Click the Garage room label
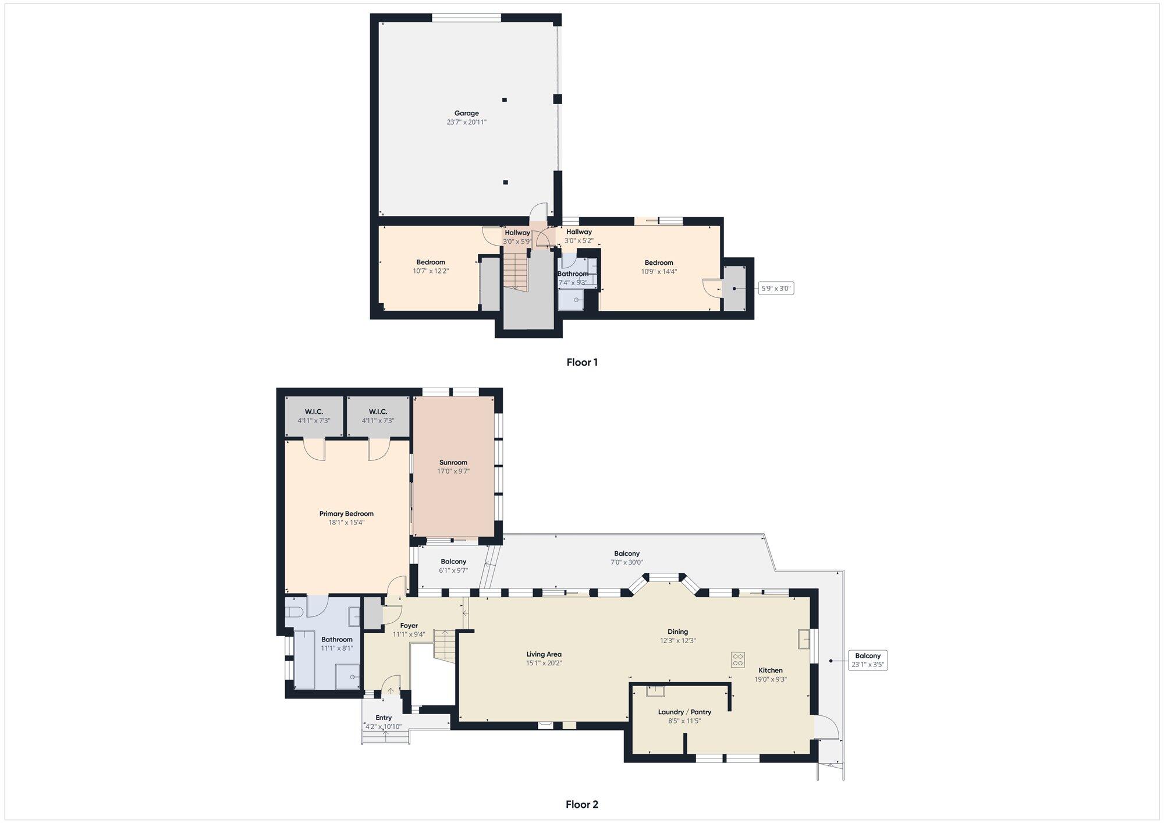click(466, 113)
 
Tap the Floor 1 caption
click(582, 362)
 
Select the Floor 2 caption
click(582, 804)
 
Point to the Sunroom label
click(453, 463)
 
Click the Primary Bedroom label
click(346, 514)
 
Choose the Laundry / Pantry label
click(684, 712)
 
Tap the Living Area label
click(544, 654)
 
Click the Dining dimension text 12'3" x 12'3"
click(677, 640)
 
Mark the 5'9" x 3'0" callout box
click(777, 288)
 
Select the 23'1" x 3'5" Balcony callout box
click(868, 660)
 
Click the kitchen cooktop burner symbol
click(738, 659)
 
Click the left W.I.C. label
click(314, 411)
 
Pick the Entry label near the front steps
click(384, 718)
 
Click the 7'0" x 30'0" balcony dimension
click(627, 562)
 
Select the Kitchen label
click(771, 671)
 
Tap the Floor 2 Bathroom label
click(337, 640)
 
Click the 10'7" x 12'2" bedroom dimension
click(431, 271)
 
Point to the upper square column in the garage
click(505, 100)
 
